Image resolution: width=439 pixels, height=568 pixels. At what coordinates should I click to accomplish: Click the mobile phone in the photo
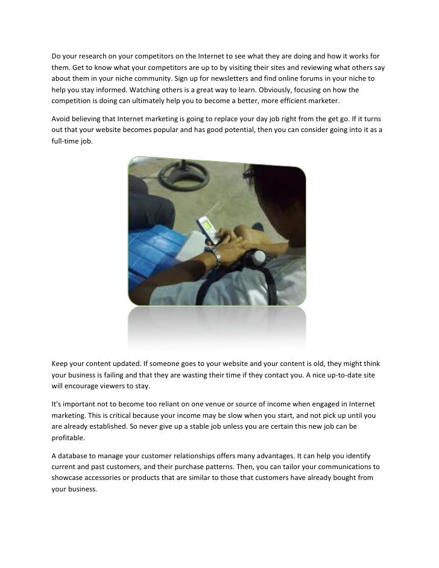click(x=207, y=230)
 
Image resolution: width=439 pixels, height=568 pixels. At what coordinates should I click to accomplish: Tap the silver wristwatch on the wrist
click(x=215, y=256)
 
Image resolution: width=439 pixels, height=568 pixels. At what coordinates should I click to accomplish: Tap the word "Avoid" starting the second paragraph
click(x=60, y=119)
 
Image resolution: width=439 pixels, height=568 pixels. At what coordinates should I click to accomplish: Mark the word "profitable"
click(x=68, y=438)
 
